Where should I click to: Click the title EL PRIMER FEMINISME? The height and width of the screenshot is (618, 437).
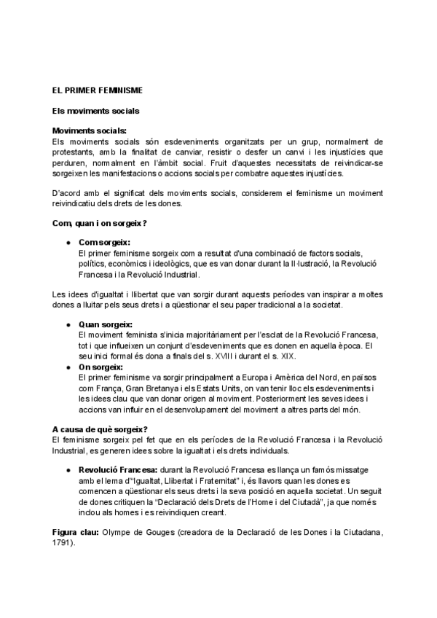click(97, 90)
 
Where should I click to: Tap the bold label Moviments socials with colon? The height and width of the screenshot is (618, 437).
click(90, 130)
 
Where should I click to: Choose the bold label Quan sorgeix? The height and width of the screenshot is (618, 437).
click(106, 324)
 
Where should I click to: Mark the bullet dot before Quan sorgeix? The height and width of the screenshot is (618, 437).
click(68, 324)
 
